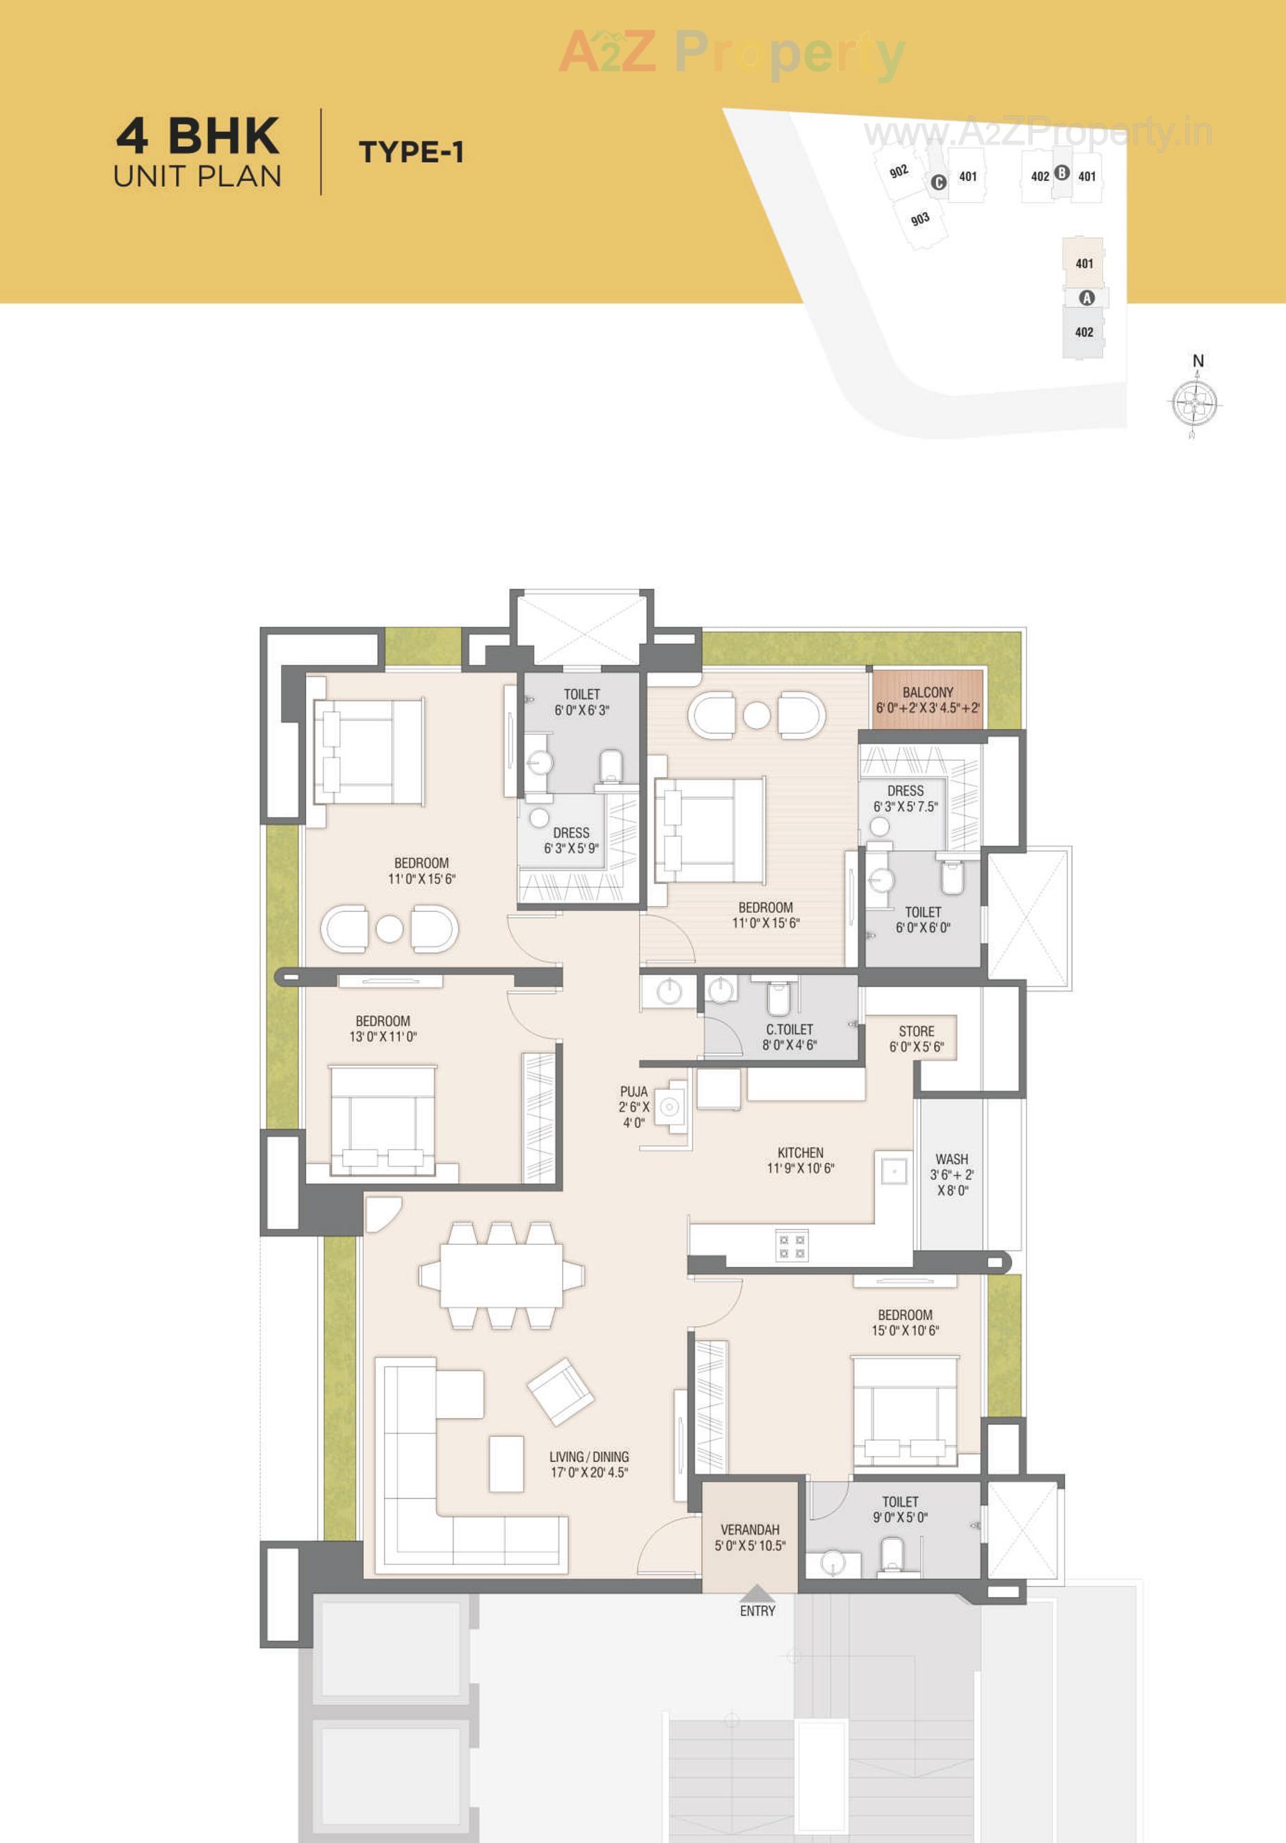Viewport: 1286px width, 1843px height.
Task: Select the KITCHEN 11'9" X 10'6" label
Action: [800, 1160]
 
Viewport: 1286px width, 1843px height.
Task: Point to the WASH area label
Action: [951, 1175]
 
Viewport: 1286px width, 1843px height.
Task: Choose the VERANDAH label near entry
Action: [750, 1537]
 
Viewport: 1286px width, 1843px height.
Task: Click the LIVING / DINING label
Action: [589, 1464]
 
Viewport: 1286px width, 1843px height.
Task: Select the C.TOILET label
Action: [789, 1037]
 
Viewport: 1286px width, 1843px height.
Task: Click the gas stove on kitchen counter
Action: [791, 1246]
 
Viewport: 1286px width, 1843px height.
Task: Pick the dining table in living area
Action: [501, 1275]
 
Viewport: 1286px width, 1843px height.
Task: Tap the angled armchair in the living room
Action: [561, 1391]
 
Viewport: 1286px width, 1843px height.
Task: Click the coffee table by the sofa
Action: [506, 1464]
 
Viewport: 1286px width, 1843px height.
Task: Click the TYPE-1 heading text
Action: [411, 152]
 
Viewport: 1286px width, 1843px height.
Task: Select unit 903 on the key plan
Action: [921, 218]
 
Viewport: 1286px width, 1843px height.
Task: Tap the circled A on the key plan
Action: [1086, 298]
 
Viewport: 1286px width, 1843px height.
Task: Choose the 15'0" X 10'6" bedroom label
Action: [905, 1322]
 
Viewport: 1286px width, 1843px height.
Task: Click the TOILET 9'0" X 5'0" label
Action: [900, 1509]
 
